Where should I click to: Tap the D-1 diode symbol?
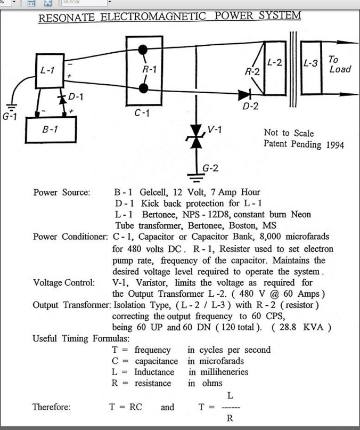click(63, 99)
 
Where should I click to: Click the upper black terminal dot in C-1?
click(143, 50)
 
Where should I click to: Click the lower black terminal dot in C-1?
click(143, 88)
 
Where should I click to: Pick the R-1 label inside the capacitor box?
click(150, 69)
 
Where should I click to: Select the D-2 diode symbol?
click(245, 95)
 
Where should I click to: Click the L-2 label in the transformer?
click(274, 62)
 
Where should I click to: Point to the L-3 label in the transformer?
click(310, 63)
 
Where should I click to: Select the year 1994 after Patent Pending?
click(335, 144)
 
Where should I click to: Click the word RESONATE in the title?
click(67, 18)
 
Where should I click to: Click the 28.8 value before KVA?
click(288, 327)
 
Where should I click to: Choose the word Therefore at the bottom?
click(51, 407)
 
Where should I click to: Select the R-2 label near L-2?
click(252, 72)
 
